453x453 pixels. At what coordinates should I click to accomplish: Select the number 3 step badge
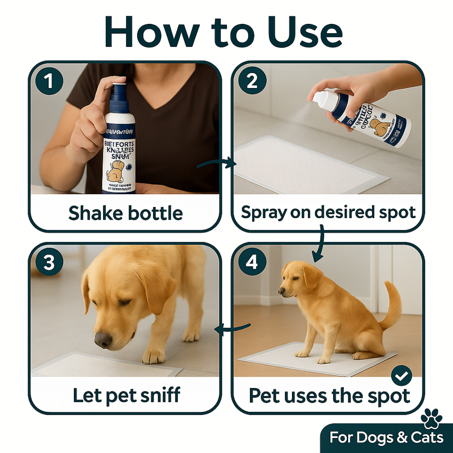(x=49, y=263)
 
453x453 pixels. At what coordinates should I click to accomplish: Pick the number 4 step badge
(x=252, y=263)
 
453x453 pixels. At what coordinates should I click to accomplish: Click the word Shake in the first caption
(x=91, y=213)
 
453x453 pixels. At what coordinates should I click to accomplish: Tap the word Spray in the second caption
(x=261, y=213)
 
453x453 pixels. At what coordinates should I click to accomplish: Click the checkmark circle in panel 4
(x=401, y=377)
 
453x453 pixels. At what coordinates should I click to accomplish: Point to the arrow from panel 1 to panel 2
(x=216, y=164)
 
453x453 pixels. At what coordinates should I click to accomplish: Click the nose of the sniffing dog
(x=103, y=339)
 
